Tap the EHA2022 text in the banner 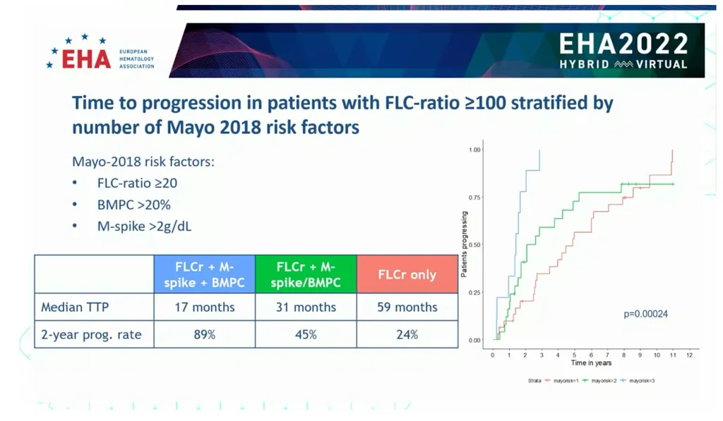pos(623,44)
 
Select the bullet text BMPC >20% pos(133,205)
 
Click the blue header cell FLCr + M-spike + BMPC pos(204,274)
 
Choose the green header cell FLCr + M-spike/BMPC pos(305,274)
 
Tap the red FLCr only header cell pos(407,274)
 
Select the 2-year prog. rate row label pos(91,334)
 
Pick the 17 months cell pos(204,307)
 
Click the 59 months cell pos(407,307)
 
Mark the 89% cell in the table pos(204,334)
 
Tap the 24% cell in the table pos(407,334)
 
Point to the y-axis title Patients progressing pos(464,245)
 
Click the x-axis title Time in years pos(591,363)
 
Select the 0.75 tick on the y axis pos(475,197)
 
